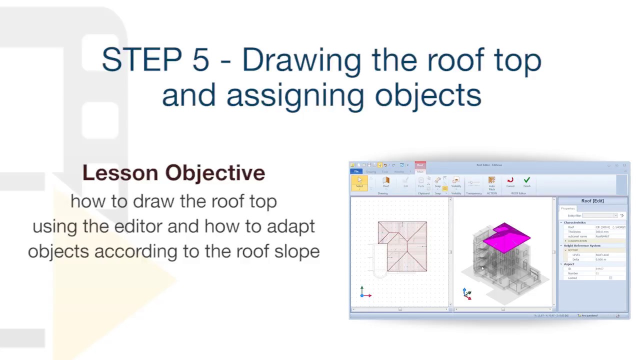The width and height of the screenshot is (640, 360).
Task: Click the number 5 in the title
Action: [x=200, y=60]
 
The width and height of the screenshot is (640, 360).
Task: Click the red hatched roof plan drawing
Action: [x=402, y=246]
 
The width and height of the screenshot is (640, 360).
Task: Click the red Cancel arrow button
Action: [x=510, y=182]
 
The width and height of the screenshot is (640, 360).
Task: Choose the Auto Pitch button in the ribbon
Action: [x=491, y=183]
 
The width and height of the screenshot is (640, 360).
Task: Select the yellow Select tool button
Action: [x=359, y=183]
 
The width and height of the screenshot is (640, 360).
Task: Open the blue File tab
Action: [x=356, y=171]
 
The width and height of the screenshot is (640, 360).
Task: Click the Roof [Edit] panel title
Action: [x=592, y=201]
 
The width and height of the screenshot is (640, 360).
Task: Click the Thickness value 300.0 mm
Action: [x=602, y=232]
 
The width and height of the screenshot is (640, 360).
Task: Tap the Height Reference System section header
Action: [x=582, y=245]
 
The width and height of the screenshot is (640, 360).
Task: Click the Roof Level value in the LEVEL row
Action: [x=602, y=255]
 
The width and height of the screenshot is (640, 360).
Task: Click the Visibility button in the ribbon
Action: [x=456, y=183]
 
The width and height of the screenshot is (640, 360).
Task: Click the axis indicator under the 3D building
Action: [x=466, y=294]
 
